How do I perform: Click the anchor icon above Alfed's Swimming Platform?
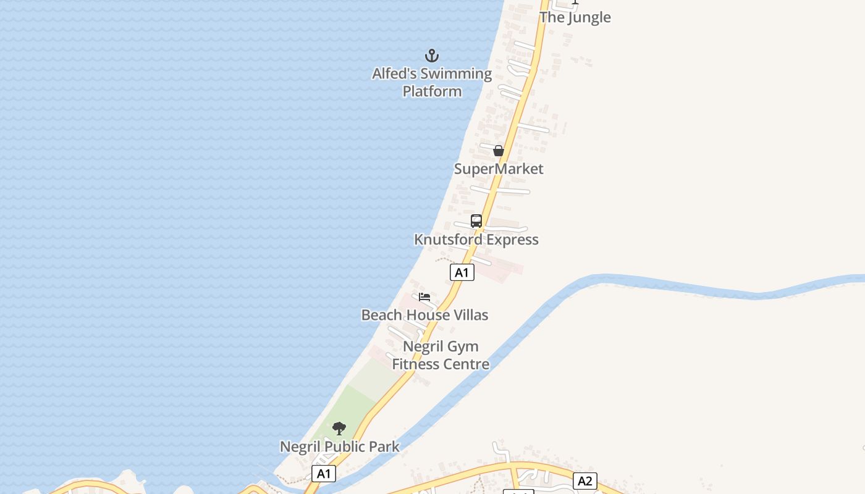click(432, 56)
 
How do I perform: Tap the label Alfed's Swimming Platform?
click(432, 82)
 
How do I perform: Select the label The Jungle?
click(575, 17)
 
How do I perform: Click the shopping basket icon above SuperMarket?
click(499, 151)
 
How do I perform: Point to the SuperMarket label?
click(499, 169)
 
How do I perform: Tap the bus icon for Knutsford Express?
click(476, 221)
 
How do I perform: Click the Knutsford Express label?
click(476, 240)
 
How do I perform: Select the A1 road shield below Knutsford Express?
click(462, 272)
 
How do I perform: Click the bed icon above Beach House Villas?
click(424, 297)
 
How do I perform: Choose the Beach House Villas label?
click(424, 315)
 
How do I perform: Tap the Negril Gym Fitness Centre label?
click(441, 355)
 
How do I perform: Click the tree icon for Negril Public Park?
click(339, 429)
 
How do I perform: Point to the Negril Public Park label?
click(339, 446)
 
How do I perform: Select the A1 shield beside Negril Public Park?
click(324, 474)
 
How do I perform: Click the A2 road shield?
click(585, 481)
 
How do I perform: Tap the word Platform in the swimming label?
click(432, 91)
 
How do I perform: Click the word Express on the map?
click(509, 240)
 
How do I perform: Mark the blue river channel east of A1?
click(680, 285)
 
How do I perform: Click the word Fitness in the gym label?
click(415, 364)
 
